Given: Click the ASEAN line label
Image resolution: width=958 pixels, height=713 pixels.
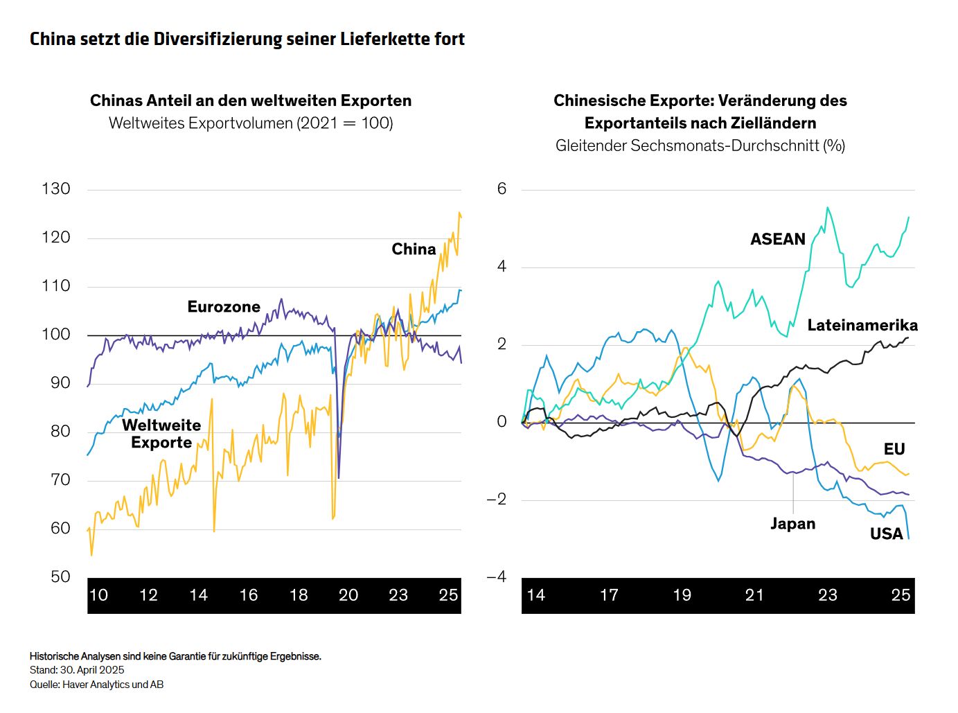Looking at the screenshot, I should [x=778, y=239].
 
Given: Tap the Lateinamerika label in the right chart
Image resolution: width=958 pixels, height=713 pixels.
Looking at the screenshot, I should [x=862, y=325].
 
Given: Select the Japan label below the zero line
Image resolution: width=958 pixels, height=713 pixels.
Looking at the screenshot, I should [x=793, y=524].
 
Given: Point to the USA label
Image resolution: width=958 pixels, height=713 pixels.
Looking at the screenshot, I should [x=887, y=534].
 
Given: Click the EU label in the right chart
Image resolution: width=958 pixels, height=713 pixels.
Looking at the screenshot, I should [x=894, y=449].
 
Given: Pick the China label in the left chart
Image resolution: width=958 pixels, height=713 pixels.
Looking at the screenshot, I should [x=414, y=249].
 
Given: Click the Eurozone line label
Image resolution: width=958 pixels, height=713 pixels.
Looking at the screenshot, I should [x=224, y=307].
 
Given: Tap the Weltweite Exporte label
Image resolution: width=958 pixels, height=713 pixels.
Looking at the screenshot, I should [x=161, y=434].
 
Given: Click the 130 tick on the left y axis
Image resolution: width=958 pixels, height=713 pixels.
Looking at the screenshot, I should [x=56, y=188].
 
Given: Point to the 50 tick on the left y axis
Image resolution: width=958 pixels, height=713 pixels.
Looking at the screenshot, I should [x=60, y=576].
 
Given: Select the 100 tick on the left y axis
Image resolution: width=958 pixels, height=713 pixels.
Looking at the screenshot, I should [x=56, y=334].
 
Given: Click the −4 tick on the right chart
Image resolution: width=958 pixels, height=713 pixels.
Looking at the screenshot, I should [x=497, y=576].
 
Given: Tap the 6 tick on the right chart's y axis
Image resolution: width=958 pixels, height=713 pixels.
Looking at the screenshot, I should [x=502, y=188].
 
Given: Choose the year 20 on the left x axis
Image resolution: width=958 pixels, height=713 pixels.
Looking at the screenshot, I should [x=348, y=595].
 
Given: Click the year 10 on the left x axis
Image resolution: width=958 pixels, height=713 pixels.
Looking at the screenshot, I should [x=98, y=595].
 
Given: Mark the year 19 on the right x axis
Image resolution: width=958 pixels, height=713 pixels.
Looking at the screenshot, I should [x=682, y=595].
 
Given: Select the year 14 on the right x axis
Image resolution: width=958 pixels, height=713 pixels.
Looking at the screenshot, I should [x=536, y=595].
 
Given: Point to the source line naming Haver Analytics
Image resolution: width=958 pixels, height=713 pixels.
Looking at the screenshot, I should [x=97, y=685].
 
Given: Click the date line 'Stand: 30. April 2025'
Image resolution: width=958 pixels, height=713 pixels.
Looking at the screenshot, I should [x=77, y=670].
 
